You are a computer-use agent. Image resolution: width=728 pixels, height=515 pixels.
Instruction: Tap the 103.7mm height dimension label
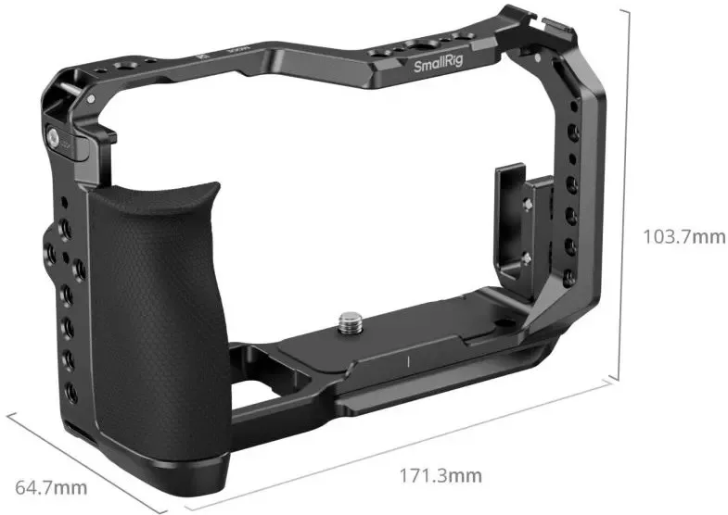coord(683,236)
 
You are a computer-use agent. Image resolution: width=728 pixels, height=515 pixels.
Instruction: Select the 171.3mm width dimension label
coord(441,475)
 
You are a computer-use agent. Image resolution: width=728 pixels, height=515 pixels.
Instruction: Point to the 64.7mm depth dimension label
coord(51,487)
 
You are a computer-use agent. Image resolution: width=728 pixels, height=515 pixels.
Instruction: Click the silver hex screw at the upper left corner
coord(54,137)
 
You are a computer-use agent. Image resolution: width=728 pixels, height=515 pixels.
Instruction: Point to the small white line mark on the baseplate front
coord(409,361)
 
